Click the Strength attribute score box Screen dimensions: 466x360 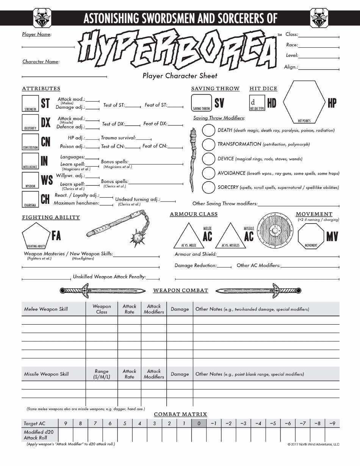pyautogui.click(x=30, y=103)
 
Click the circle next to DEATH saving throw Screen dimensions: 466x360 pyautogui.click(x=208, y=130)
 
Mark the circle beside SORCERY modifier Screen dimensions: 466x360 pyautogui.click(x=208, y=188)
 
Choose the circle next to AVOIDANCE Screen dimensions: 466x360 pyautogui.click(x=208, y=173)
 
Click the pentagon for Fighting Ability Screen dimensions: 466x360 pyautogui.click(x=36, y=235)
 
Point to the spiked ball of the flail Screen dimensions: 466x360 pyautogui.click(x=137, y=239)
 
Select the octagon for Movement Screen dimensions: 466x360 pyautogui.click(x=311, y=236)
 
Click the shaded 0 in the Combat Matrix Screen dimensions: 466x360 pyautogui.click(x=199, y=423)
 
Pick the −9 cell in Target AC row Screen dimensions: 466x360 pyautogui.click(x=332, y=423)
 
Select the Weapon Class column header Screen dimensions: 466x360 pyautogui.click(x=102, y=309)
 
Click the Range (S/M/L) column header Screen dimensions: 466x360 pyautogui.click(x=102, y=374)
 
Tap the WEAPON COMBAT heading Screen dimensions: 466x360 pyautogui.click(x=180, y=291)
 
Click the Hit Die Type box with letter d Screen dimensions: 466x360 pyautogui.click(x=257, y=103)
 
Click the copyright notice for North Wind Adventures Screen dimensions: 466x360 pyautogui.click(x=313, y=444)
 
